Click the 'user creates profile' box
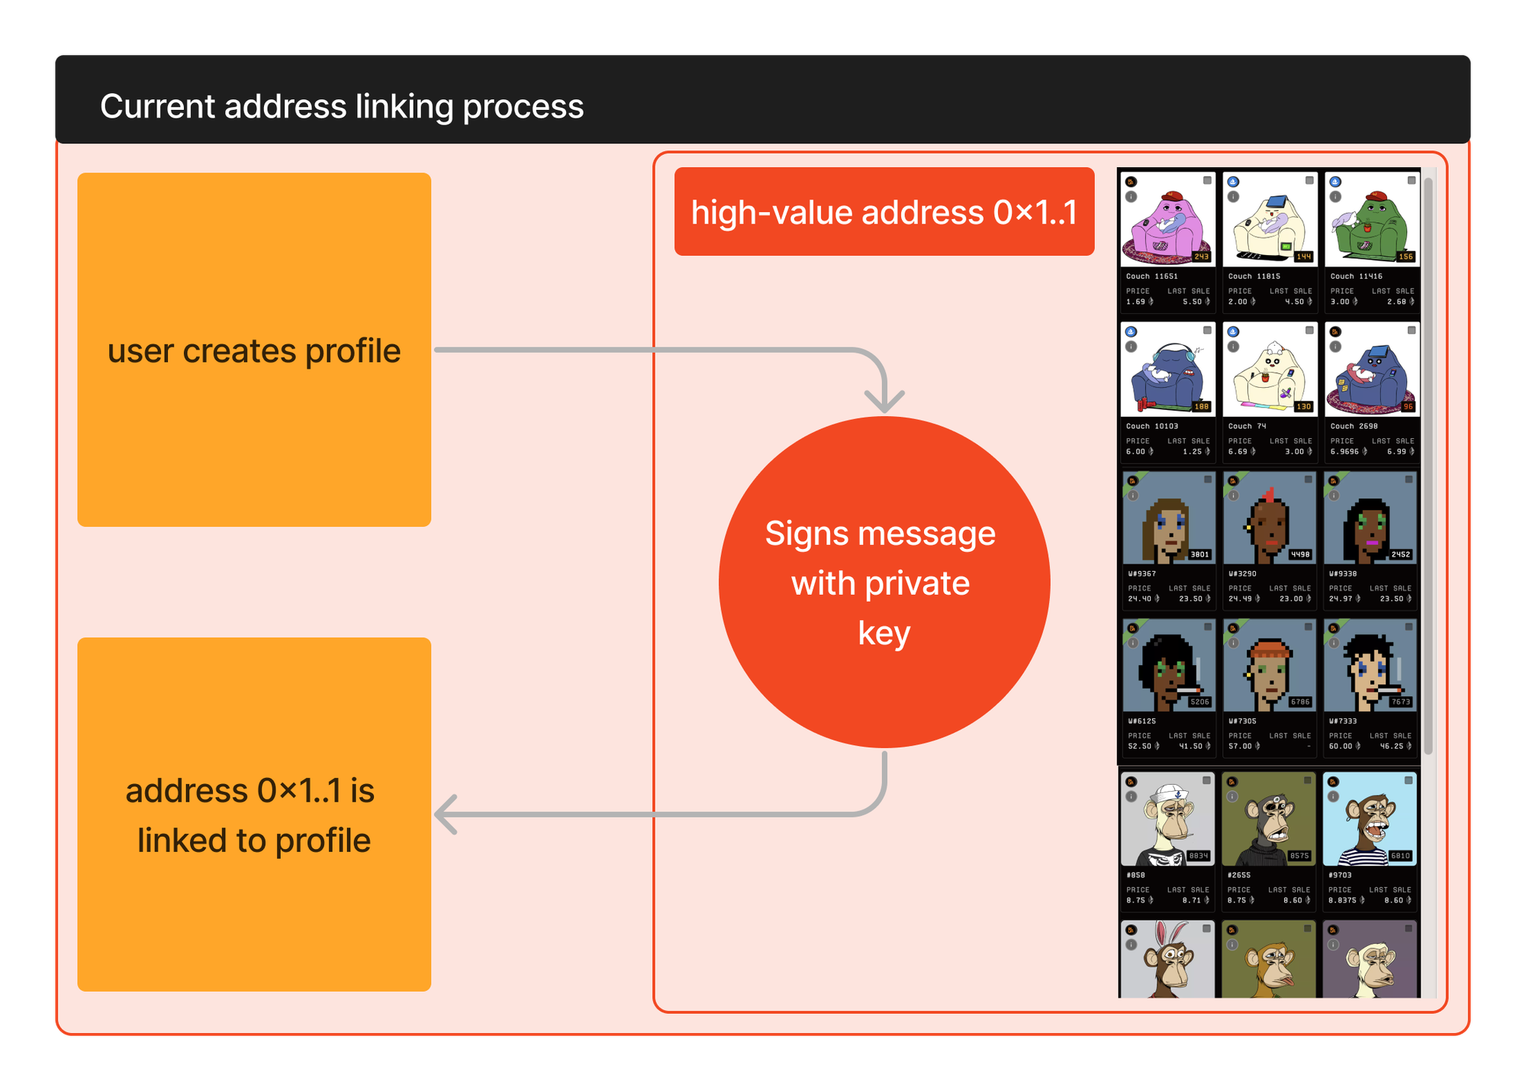[x=254, y=350]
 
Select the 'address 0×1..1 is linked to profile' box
[x=254, y=814]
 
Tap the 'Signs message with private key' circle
[x=884, y=582]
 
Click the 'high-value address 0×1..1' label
[x=884, y=211]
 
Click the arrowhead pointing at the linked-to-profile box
[x=446, y=814]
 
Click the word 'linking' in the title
[x=404, y=106]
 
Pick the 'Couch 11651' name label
[x=1152, y=276]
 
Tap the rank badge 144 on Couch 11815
[x=1303, y=257]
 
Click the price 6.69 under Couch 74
[x=1238, y=452]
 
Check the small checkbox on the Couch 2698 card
[x=1412, y=331]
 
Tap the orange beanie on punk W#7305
[x=1270, y=650]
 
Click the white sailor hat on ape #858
[x=1167, y=794]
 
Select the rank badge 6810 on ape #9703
[x=1400, y=856]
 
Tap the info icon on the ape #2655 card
[x=1232, y=797]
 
